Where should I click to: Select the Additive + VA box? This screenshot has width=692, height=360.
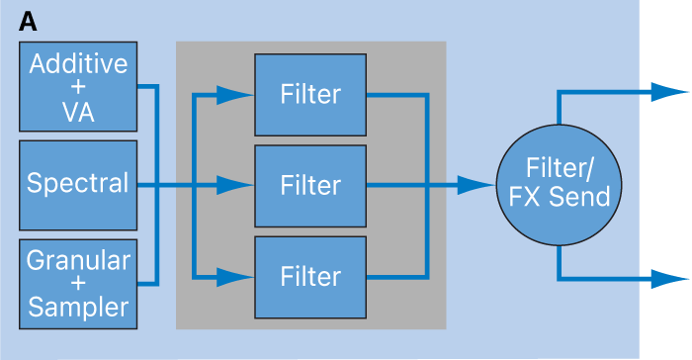(x=78, y=88)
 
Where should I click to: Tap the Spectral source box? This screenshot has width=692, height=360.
(x=78, y=184)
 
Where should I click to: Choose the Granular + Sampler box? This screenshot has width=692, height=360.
(x=78, y=283)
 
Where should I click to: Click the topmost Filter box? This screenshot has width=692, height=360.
(x=310, y=95)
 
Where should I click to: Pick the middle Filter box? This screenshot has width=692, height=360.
(x=310, y=185)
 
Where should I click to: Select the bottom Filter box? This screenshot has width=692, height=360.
(x=310, y=275)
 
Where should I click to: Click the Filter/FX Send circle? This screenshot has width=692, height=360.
(x=560, y=185)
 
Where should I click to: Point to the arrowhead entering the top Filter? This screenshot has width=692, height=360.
(x=234, y=95)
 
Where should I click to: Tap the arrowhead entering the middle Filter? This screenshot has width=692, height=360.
(x=234, y=185)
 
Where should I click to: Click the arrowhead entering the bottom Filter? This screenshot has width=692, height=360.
(x=234, y=275)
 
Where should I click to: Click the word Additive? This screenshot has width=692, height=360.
(x=78, y=64)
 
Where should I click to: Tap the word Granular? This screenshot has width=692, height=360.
(x=78, y=260)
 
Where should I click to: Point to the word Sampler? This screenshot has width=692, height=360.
(x=78, y=307)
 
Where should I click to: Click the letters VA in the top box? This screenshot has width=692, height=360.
(x=78, y=112)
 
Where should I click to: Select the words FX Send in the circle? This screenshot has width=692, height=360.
(x=560, y=197)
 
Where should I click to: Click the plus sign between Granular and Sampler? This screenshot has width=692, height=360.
(x=78, y=284)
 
